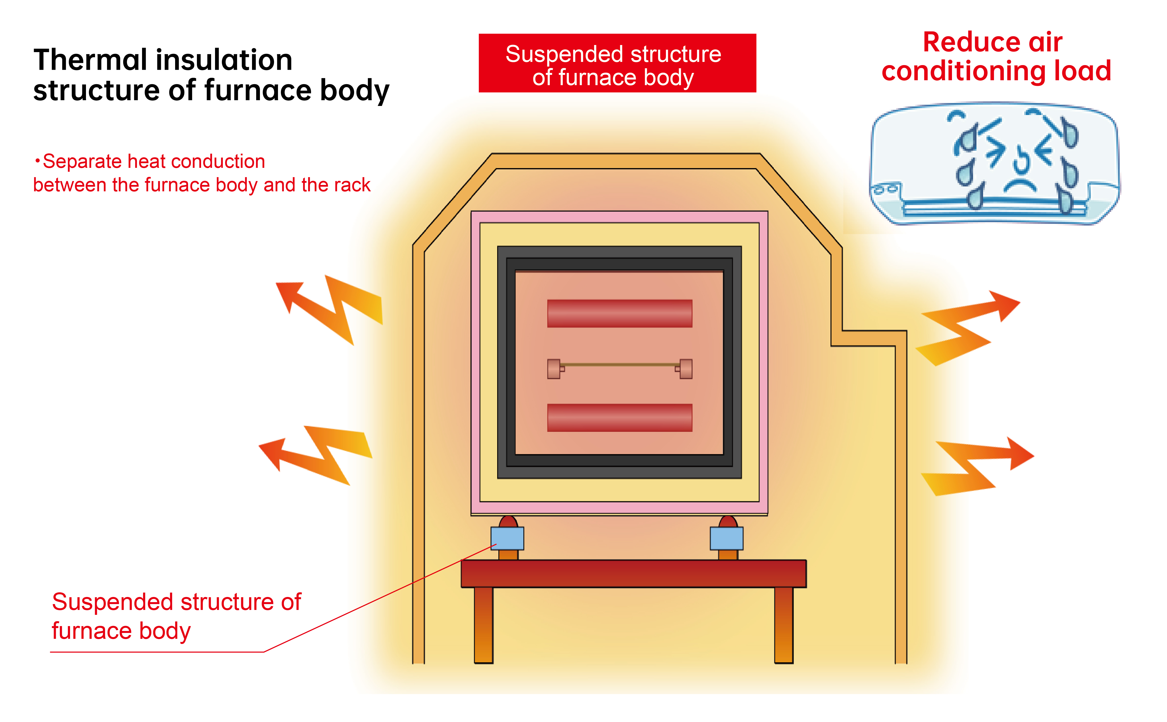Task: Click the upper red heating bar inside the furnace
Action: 619,313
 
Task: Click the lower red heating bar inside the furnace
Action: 619,417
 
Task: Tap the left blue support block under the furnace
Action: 507,538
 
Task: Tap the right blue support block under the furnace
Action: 726,538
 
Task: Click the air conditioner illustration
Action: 994,162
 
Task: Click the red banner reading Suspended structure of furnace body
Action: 617,63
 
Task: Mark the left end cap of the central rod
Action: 553,369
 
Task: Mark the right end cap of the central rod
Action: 686,369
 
